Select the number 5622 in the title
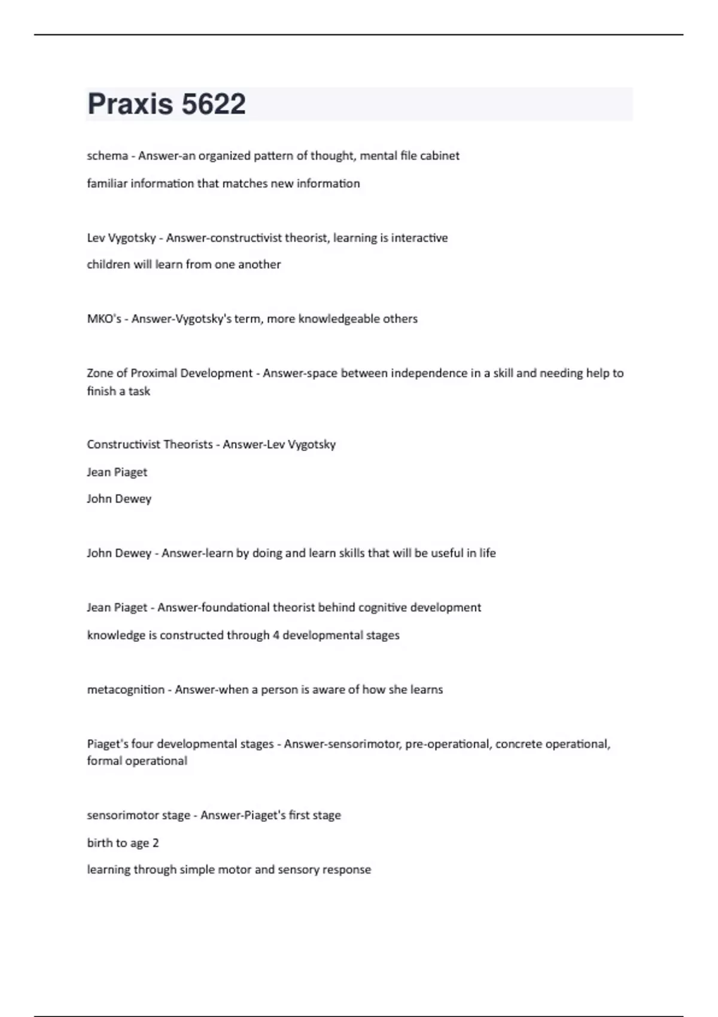click(x=214, y=104)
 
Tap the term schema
click(x=107, y=156)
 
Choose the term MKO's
click(x=104, y=319)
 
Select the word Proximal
click(x=154, y=373)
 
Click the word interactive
click(x=419, y=237)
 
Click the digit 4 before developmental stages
click(x=276, y=635)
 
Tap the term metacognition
click(x=126, y=690)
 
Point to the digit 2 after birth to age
click(x=156, y=843)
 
